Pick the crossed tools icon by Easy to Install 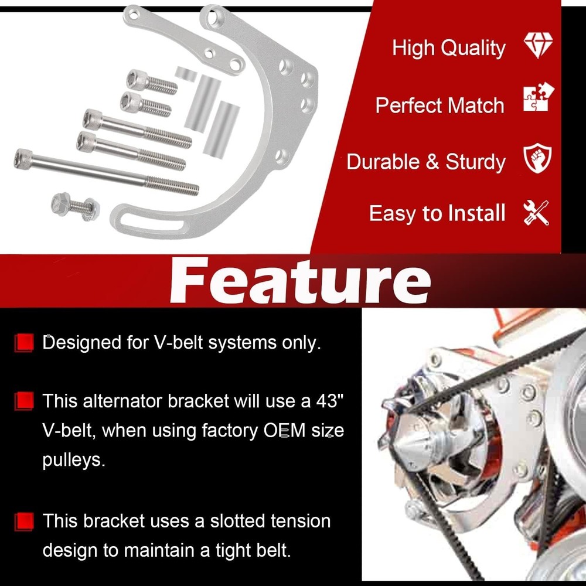(536, 212)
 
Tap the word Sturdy (476, 162)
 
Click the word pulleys (74, 460)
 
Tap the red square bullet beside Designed (24, 343)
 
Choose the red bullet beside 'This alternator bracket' (24, 401)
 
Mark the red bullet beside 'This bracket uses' (24, 520)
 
